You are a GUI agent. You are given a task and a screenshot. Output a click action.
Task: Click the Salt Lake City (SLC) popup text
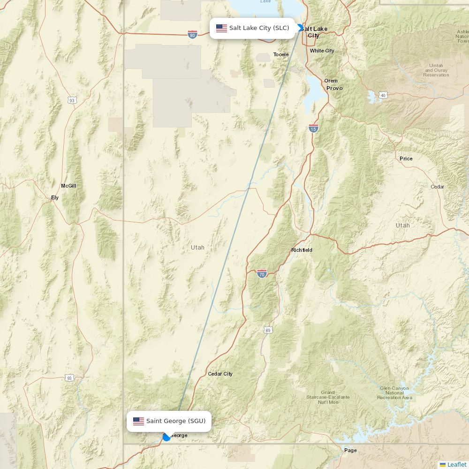coord(259,28)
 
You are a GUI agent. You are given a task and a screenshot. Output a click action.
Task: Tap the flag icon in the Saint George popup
coord(138,421)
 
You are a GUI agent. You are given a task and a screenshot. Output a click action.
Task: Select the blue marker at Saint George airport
coord(166,437)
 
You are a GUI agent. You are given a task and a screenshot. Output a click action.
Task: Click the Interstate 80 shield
coord(192,34)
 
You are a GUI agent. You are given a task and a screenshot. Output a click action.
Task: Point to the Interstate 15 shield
coord(313,128)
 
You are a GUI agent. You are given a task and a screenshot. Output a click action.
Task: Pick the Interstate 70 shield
coord(262,273)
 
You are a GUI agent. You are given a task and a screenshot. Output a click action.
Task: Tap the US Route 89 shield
coord(267,330)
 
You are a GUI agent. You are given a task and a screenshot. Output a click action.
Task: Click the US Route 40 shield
coord(383,95)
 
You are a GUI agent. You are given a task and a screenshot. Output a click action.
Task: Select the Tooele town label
coord(281,54)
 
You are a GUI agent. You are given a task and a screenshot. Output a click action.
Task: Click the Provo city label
coord(334,88)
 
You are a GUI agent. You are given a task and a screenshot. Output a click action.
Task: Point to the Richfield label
coord(302,250)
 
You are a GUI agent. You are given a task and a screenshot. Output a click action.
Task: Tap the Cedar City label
coord(220,374)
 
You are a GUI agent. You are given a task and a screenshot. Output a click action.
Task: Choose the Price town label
coord(406,159)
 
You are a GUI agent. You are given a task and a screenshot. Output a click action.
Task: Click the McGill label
coord(68,186)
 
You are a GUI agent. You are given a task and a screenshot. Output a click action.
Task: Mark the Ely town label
coord(55,197)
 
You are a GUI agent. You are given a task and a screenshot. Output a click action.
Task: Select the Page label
coord(350,450)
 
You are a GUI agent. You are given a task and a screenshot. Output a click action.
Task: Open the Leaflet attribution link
coord(456,464)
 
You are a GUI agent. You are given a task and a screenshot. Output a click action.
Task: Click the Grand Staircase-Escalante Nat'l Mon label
coord(328,397)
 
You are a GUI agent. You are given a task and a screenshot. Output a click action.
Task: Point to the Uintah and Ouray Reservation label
coord(436,70)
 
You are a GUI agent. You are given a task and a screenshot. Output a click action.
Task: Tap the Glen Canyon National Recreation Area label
coord(394,393)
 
